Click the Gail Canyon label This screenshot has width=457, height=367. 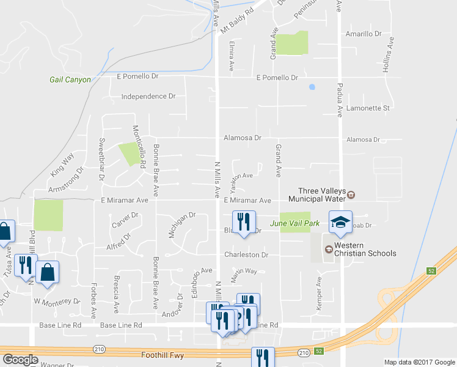point(70,80)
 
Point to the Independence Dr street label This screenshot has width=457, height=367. point(148,97)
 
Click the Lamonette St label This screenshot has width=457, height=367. point(368,108)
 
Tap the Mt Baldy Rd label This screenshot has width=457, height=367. point(236,22)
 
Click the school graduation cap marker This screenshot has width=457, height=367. point(341,221)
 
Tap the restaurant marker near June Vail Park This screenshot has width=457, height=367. point(243,222)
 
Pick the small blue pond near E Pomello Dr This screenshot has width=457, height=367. point(312,87)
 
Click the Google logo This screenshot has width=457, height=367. point(21,360)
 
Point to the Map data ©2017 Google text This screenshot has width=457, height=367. point(419,362)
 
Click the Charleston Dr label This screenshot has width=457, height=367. point(246,255)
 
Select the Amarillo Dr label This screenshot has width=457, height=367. point(363,34)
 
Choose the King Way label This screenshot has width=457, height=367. point(62,166)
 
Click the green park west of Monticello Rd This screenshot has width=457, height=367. point(128,154)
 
